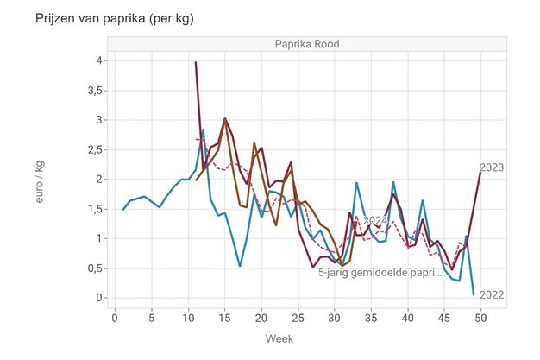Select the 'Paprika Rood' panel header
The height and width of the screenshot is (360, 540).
[x=298, y=45]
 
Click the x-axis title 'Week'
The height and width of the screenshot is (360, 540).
[x=298, y=338]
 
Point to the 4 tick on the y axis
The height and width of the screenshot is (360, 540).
[x=100, y=60]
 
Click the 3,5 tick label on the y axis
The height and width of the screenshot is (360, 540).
[x=94, y=90]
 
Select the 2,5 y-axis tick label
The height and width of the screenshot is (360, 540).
[x=94, y=149]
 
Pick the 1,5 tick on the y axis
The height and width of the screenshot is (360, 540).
[x=94, y=209]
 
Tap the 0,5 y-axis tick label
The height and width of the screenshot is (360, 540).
[x=94, y=268]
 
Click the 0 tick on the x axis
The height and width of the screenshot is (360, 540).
[x=115, y=317]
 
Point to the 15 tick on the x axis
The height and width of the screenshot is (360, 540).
[x=224, y=317]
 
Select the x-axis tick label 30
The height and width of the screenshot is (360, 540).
[x=335, y=317]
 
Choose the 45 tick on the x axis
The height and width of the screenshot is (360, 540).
[x=444, y=317]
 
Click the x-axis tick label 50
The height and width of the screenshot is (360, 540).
[x=481, y=317]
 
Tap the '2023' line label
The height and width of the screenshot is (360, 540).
[x=491, y=167]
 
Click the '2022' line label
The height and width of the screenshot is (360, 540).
[x=491, y=295]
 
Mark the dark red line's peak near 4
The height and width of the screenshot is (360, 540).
[x=196, y=62]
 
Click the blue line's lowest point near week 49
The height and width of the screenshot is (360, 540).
[x=474, y=294]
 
